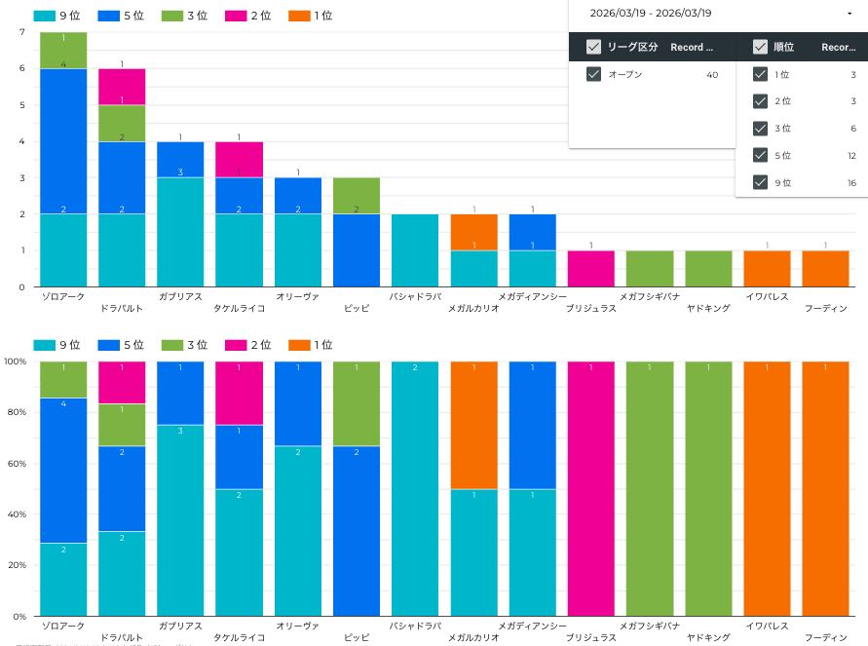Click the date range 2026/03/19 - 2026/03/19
(651, 13)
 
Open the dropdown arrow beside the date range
(849, 13)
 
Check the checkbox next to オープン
(593, 74)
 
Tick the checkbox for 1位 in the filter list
(761, 74)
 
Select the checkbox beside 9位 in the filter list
(761, 182)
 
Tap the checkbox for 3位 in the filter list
(761, 129)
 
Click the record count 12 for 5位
(850, 156)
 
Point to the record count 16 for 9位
(850, 182)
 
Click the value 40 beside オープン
(712, 74)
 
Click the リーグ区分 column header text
(633, 47)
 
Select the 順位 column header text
(783, 47)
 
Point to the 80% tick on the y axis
(14, 412)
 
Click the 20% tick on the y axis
(14, 565)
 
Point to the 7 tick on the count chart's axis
(21, 32)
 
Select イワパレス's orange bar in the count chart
(767, 269)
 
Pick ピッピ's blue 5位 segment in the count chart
(357, 250)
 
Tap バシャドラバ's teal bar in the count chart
(415, 250)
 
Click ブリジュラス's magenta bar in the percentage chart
(591, 488)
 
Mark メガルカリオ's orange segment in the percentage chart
(473, 425)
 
